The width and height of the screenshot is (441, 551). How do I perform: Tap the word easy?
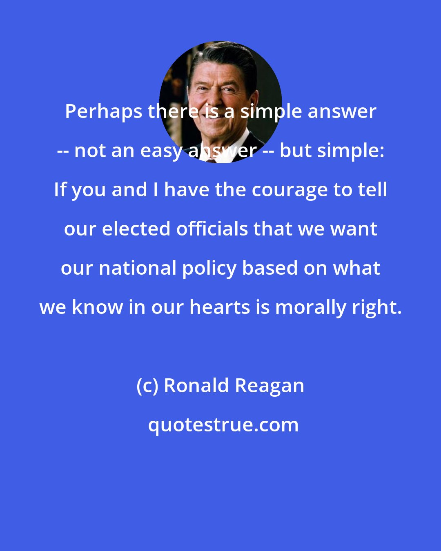click(164, 151)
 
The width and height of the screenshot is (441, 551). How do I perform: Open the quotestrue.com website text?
click(223, 425)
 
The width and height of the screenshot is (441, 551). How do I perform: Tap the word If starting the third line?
click(61, 190)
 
